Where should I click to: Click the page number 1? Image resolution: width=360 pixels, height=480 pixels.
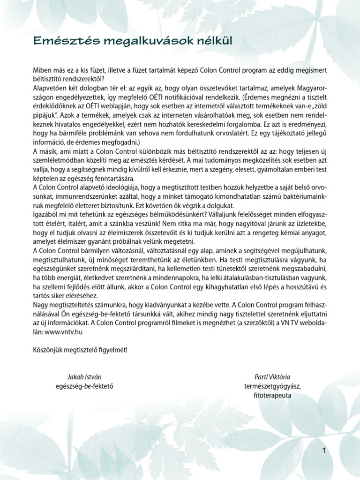point(324,451)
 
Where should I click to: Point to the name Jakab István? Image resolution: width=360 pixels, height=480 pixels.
point(84,377)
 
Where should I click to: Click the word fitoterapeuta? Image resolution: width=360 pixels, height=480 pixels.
point(272,395)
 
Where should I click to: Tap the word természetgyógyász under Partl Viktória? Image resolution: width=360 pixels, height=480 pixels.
point(272,386)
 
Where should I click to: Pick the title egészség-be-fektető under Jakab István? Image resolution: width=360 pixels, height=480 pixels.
point(84,386)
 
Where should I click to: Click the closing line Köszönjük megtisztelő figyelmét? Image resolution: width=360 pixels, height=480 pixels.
point(80,350)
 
